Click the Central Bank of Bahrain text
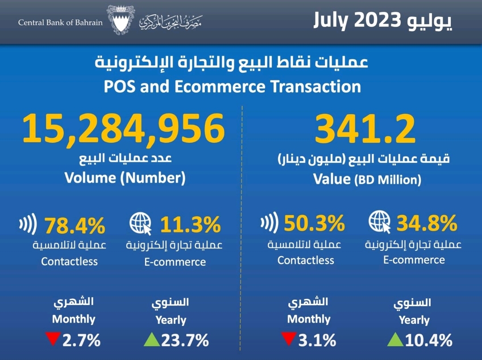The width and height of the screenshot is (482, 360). [60, 22]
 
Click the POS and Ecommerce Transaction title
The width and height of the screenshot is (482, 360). [232, 86]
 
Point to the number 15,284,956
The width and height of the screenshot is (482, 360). [123, 128]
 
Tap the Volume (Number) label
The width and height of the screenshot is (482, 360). [125, 178]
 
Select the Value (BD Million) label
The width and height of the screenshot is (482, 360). [367, 179]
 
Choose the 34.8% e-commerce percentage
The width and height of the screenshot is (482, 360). [427, 222]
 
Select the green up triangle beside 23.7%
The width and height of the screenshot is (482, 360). [152, 340]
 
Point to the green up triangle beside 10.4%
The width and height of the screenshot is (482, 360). [395, 339]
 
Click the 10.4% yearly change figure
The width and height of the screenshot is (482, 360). [429, 341]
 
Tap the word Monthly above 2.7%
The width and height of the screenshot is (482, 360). [74, 319]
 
